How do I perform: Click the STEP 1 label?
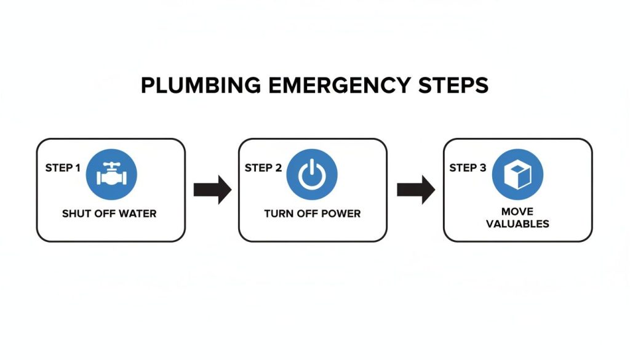tap(63, 167)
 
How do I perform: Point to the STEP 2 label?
tap(263, 167)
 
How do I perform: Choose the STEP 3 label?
tap(468, 167)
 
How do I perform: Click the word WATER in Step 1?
tap(138, 214)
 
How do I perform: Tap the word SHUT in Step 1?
tap(76, 214)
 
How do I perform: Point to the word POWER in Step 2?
tap(343, 214)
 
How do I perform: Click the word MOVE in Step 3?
tap(517, 212)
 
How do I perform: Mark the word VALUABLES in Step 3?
tap(517, 224)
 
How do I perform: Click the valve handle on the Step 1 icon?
tap(111, 166)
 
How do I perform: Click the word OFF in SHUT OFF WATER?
tap(104, 214)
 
